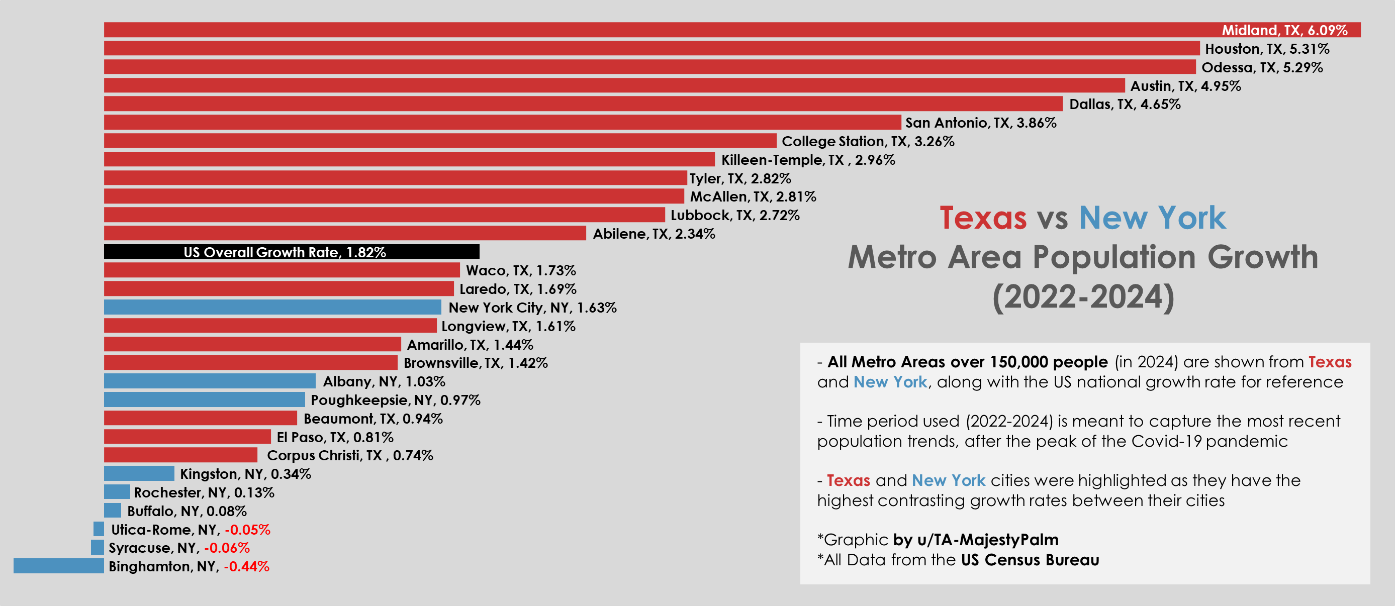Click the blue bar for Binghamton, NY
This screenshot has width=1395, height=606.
[x=58, y=565]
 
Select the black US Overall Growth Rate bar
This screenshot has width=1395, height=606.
[x=292, y=252]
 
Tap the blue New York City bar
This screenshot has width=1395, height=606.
[x=272, y=308]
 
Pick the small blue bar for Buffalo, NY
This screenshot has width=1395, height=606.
[x=113, y=510]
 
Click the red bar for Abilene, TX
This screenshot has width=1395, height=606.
[x=345, y=233]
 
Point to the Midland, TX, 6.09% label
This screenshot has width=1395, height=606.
[x=1284, y=30]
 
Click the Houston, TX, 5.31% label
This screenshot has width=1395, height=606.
[x=1267, y=49]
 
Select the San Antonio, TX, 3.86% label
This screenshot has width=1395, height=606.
[x=981, y=123]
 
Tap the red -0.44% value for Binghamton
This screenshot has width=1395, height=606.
[x=246, y=566]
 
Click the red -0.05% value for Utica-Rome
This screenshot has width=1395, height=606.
[x=247, y=529]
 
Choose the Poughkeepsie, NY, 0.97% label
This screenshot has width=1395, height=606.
[x=395, y=400]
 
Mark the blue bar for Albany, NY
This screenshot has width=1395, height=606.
[x=210, y=381]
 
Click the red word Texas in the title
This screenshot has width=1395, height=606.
[x=983, y=218]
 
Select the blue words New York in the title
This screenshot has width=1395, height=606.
[x=1152, y=218]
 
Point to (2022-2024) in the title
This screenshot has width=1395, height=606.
[x=1083, y=296]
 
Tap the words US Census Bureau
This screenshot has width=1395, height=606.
[x=1030, y=559]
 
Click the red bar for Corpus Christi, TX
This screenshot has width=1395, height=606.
[x=180, y=454]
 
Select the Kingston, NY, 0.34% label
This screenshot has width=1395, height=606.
[x=245, y=474]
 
